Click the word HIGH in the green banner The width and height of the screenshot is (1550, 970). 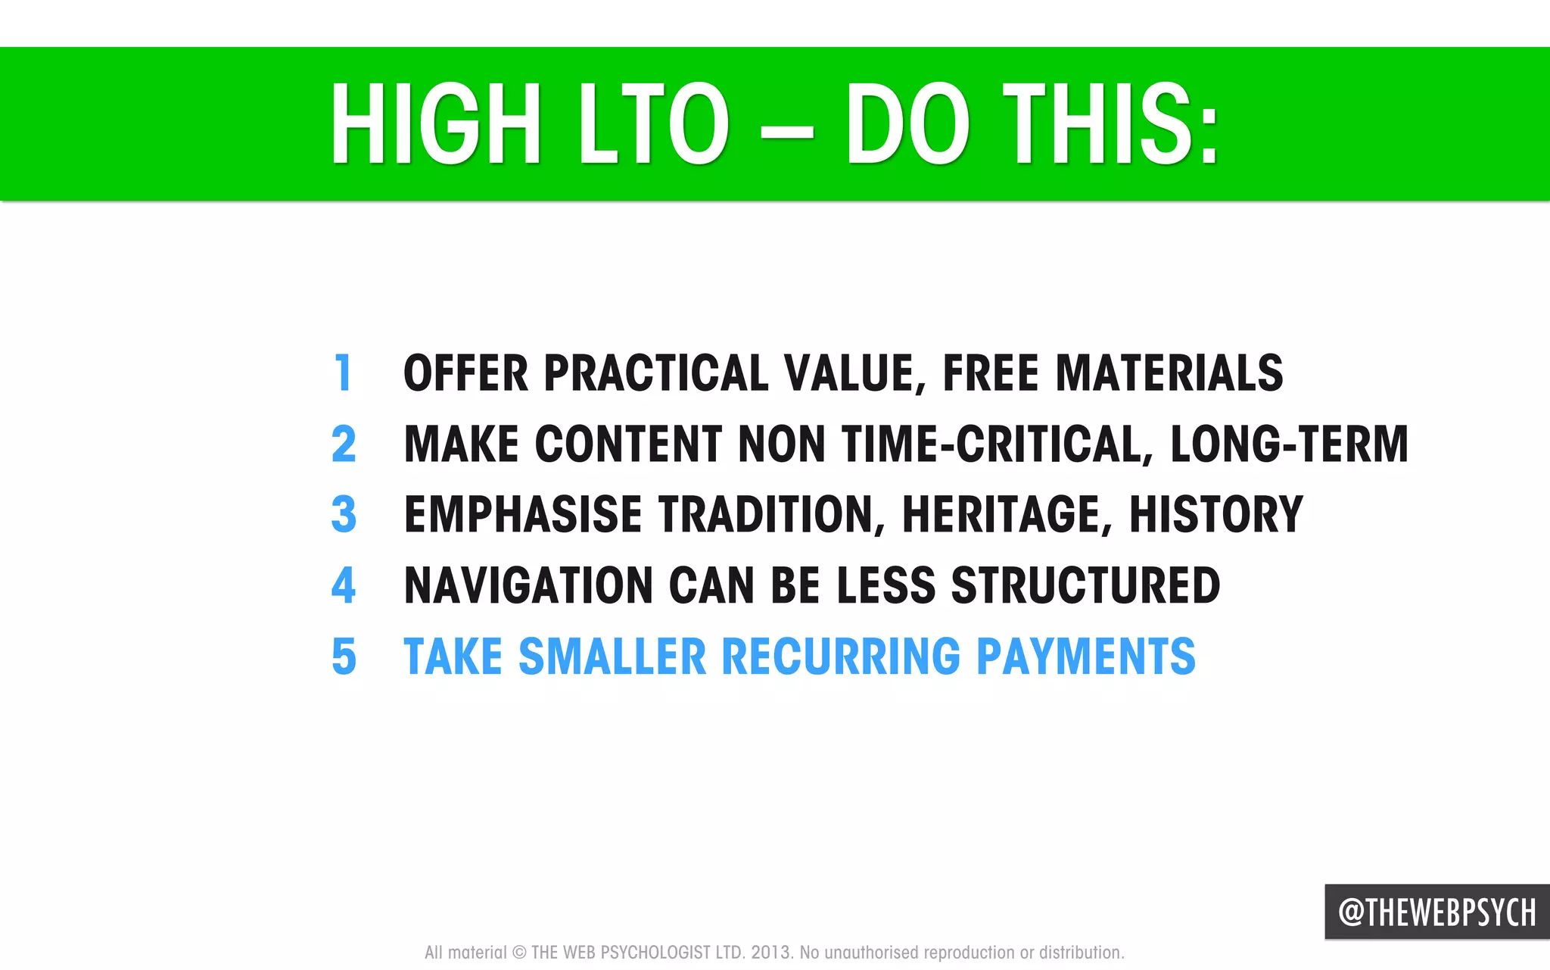(x=435, y=125)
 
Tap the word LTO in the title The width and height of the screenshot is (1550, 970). (x=652, y=125)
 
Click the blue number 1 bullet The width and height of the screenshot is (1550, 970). (x=344, y=373)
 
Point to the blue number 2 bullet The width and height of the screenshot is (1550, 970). (x=344, y=444)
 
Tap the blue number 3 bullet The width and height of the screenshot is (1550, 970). (x=344, y=514)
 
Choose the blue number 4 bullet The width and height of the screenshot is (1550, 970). (x=344, y=585)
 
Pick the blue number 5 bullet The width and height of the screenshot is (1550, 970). (x=344, y=656)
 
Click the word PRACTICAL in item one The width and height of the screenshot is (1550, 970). (x=656, y=373)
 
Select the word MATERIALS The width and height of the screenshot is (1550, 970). (x=1169, y=373)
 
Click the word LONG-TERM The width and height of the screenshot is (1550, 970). (x=1289, y=444)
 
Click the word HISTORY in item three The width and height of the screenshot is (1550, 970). (x=1216, y=515)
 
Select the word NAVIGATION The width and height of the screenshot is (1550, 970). (x=528, y=585)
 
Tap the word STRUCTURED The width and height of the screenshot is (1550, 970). (x=1085, y=585)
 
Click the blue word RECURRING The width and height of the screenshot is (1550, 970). (x=841, y=656)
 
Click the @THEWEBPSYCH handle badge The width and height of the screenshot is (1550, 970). (x=1436, y=912)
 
